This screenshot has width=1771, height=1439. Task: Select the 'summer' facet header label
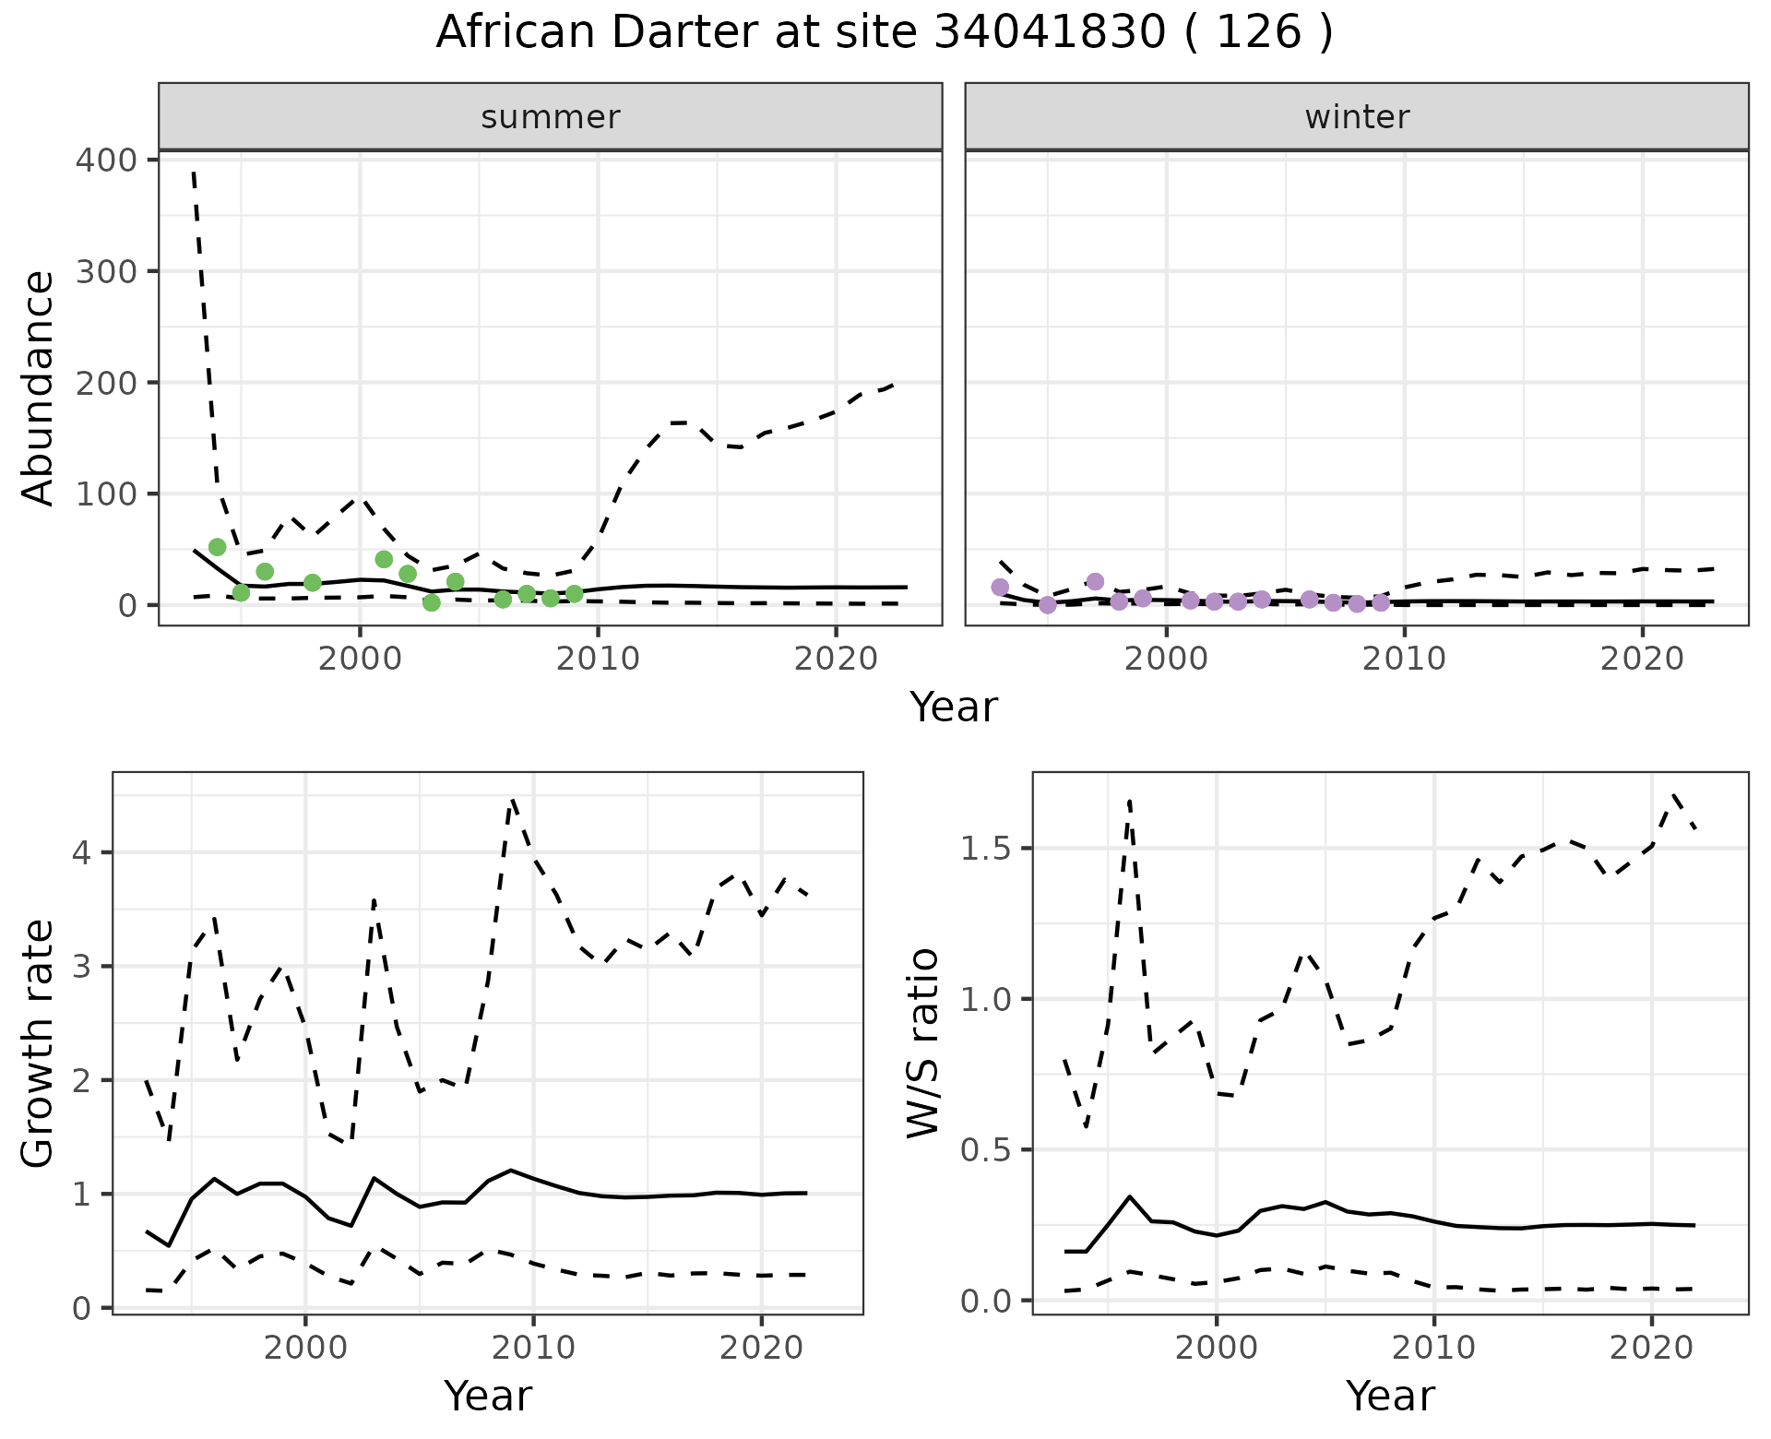click(551, 117)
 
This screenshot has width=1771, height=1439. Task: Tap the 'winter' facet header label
click(1357, 117)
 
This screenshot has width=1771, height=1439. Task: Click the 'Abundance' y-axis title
click(39, 387)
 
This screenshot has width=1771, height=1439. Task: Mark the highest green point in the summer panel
click(218, 547)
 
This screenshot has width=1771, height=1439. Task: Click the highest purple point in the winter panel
click(1095, 581)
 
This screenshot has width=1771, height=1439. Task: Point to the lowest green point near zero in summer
click(431, 602)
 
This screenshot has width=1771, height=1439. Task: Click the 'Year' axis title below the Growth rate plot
click(488, 1396)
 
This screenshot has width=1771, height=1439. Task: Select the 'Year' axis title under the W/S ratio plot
click(1390, 1396)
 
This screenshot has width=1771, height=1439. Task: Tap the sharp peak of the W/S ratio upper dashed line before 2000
click(1130, 801)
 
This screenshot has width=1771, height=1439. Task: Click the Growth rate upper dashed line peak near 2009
click(513, 801)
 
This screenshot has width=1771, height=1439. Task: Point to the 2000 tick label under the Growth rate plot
click(305, 1348)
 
